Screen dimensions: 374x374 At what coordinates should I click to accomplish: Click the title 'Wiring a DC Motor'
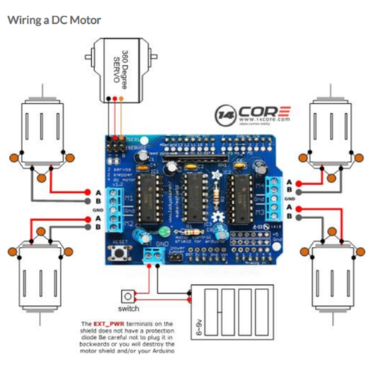(54, 19)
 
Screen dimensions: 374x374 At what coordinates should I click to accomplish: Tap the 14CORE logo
(254, 114)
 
